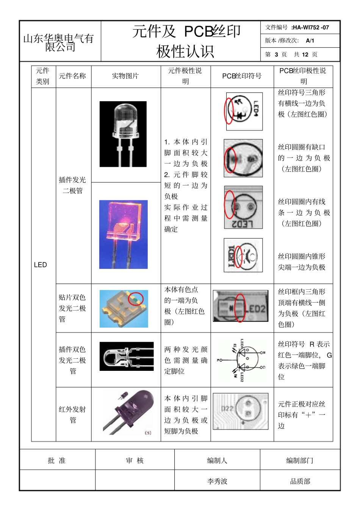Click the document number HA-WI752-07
[310, 27]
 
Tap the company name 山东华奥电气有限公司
[59, 42]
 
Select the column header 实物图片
[125, 76]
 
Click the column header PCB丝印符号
[242, 76]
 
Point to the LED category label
[41, 265]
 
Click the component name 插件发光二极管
[72, 185]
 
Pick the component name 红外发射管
[72, 414]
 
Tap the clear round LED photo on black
[123, 134]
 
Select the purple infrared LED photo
[129, 412]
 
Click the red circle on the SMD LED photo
[136, 299]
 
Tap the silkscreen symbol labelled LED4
[244, 111]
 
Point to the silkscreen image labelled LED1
[243, 256]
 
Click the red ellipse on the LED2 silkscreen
[240, 308]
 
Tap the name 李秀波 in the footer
[217, 481]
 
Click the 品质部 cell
[300, 481]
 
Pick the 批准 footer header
[57, 460]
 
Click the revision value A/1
[310, 41]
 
